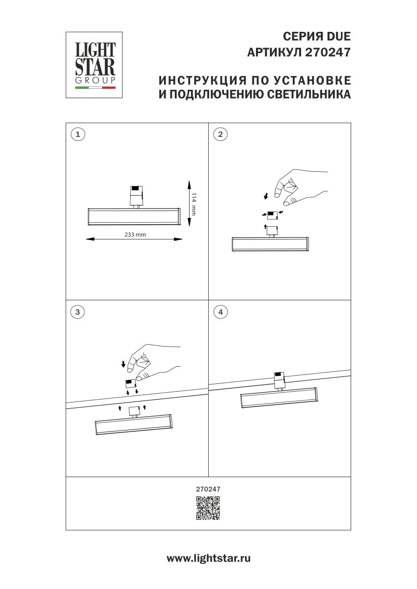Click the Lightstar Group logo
pos(94,65)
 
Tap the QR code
pos(208,508)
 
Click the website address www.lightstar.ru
pos(208,558)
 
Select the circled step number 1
pos(78,134)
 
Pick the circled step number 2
pos(221,134)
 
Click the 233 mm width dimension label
pos(135,235)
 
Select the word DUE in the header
pos(339,37)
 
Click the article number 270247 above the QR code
pos(208,489)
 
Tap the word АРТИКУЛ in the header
pos(275,52)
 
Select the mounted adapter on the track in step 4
pos(279,379)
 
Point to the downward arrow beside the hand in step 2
pos(266,196)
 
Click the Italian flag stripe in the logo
pos(95,88)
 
